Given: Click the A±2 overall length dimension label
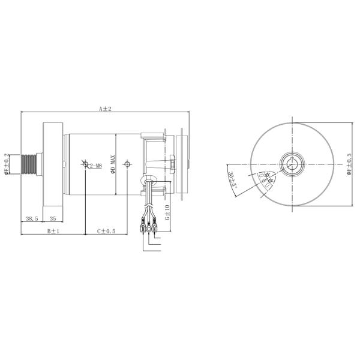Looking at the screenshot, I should coord(106,109).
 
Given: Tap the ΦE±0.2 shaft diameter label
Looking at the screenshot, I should coord(7,164).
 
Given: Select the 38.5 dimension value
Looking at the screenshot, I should coord(31,218).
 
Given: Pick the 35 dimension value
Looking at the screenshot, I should coord(53,218).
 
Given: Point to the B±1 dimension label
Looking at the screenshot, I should coord(53,230).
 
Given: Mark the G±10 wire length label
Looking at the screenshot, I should coord(167,212).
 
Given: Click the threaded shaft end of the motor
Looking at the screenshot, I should coord(29,164).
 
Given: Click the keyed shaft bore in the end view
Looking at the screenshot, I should coord(292,164).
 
